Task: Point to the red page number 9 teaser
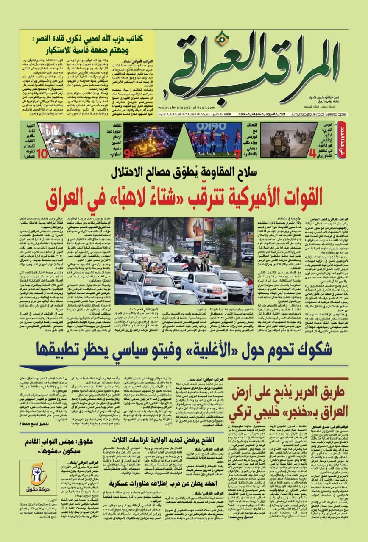(126, 151)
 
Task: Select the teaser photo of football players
(209, 139)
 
